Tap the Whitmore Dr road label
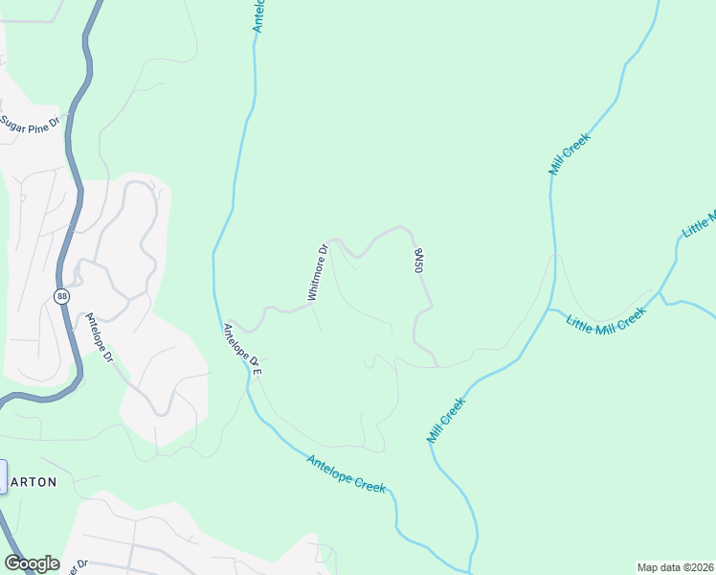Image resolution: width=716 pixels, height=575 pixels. pyautogui.click(x=318, y=273)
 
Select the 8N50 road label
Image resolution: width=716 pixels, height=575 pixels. pyautogui.click(x=417, y=261)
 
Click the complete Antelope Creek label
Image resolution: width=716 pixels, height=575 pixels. pyautogui.click(x=346, y=473)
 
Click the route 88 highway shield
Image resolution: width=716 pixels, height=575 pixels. pyautogui.click(x=61, y=297)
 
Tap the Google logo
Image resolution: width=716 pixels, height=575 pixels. pyautogui.click(x=31, y=563)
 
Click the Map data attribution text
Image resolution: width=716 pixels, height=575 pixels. pyautogui.click(x=675, y=567)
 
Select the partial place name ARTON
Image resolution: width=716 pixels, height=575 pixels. pyautogui.click(x=34, y=482)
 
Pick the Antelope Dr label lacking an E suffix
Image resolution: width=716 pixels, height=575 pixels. pyautogui.click(x=99, y=338)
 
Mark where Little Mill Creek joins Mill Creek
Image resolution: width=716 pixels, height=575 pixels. pyautogui.click(x=550, y=310)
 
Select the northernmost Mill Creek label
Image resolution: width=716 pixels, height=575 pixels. pyautogui.click(x=570, y=153)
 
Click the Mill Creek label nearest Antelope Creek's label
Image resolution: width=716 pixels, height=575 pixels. pyautogui.click(x=445, y=420)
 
